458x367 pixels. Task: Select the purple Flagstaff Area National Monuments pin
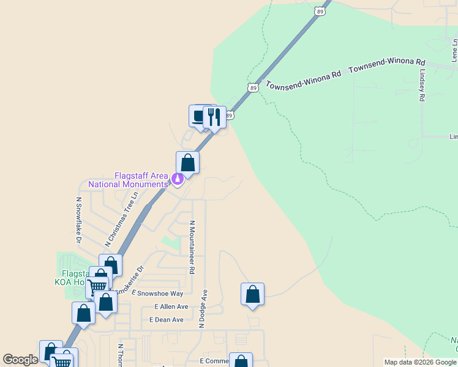click(177, 179)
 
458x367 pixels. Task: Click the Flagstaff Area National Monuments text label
click(128, 180)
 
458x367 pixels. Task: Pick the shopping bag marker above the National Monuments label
click(187, 163)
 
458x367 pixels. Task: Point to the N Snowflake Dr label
click(78, 220)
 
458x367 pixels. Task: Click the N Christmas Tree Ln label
click(120, 218)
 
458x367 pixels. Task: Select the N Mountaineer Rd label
click(192, 247)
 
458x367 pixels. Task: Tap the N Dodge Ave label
click(206, 308)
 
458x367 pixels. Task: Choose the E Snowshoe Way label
click(157, 294)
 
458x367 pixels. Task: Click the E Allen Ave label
click(171, 306)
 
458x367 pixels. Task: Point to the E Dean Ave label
click(167, 320)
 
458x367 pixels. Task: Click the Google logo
click(20, 360)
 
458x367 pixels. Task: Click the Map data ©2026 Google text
click(420, 362)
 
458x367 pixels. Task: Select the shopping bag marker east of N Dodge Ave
click(252, 295)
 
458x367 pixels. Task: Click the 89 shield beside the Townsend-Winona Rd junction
click(253, 88)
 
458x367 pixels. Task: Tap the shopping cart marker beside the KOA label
click(97, 287)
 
